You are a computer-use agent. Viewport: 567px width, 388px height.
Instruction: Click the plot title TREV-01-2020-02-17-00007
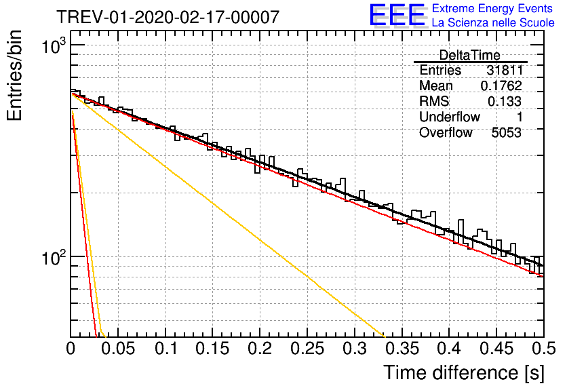tap(168, 17)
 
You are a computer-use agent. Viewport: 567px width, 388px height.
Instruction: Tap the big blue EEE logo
tap(397, 15)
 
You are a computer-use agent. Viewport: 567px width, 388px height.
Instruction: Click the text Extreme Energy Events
tap(492, 8)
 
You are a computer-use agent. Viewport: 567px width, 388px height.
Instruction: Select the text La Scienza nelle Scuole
tap(493, 22)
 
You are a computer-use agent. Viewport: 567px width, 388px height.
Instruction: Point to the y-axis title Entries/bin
tap(14, 75)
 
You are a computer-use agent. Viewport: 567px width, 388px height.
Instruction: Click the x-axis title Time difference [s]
tap(464, 373)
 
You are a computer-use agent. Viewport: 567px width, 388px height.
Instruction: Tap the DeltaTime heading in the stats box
tap(469, 55)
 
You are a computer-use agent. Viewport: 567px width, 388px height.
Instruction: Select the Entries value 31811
tap(505, 70)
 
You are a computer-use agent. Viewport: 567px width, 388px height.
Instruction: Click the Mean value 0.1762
tap(501, 85)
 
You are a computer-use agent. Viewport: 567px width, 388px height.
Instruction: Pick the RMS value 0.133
tap(505, 101)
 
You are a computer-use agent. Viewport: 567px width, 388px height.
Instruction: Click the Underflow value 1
tap(520, 117)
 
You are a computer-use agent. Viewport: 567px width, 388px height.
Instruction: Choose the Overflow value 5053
tap(506, 133)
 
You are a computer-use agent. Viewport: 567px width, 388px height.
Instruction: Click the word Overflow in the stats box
tap(446, 133)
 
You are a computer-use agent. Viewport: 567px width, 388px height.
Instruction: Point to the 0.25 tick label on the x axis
tap(307, 349)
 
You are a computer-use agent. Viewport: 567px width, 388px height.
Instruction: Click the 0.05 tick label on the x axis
tap(118, 349)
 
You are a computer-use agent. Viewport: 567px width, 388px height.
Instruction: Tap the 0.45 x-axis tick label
tap(496, 349)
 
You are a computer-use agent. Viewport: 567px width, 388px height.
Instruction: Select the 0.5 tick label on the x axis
tap(544, 349)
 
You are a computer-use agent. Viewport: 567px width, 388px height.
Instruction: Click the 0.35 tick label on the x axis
tap(402, 349)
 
